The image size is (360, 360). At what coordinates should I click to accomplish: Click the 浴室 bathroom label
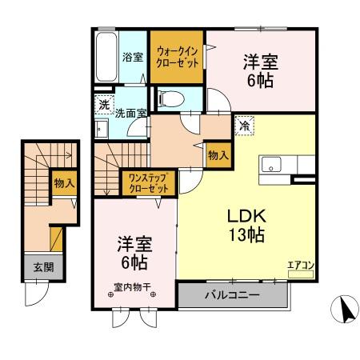(133, 58)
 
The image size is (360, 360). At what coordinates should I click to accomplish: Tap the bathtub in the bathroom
(105, 57)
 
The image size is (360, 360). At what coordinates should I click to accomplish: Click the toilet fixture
(170, 99)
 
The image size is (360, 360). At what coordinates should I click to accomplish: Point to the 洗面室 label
(130, 114)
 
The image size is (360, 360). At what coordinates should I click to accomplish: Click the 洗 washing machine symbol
(103, 105)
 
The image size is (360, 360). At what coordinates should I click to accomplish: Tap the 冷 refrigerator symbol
(243, 125)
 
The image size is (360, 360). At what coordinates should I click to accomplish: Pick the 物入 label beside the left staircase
(64, 183)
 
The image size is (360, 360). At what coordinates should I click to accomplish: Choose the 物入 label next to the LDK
(217, 154)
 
